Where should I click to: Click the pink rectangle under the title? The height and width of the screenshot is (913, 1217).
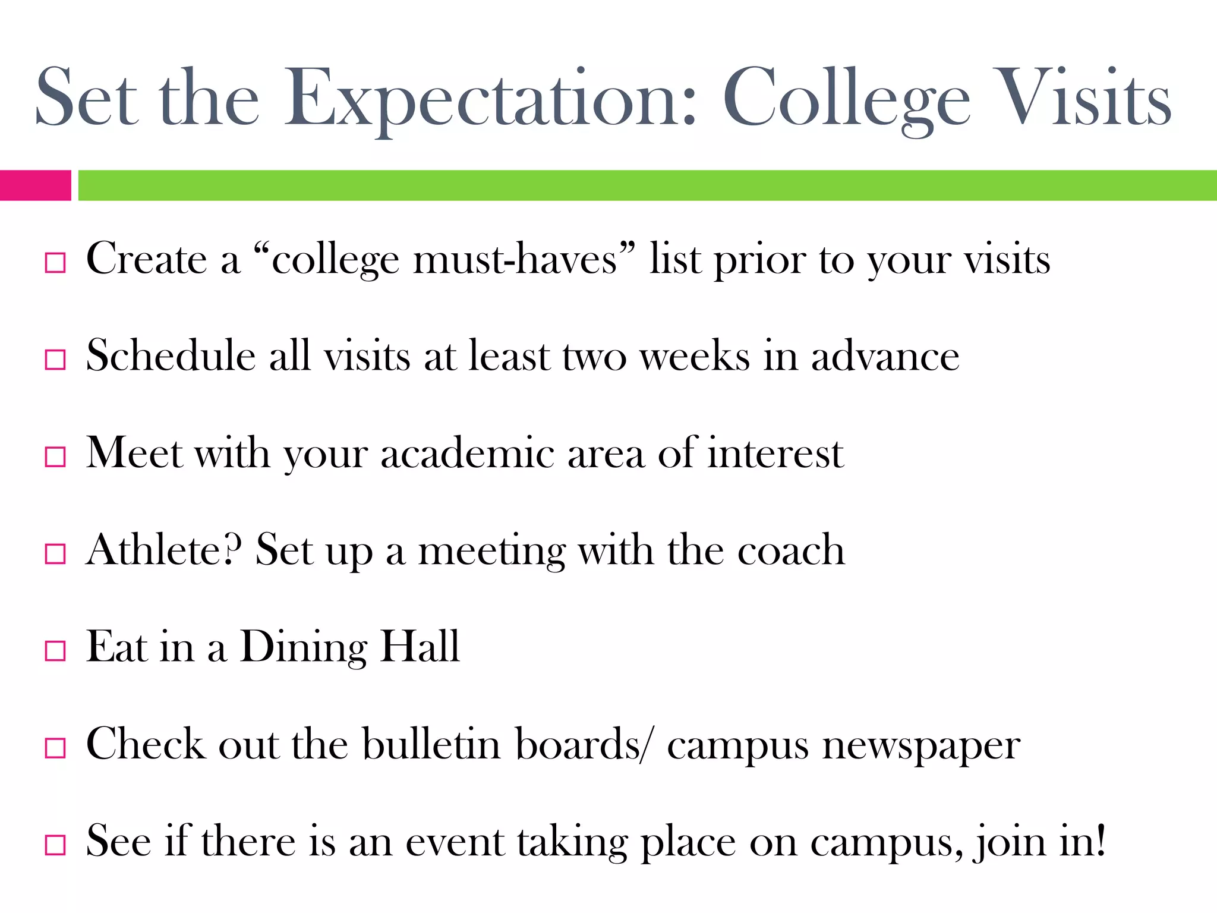click(35, 185)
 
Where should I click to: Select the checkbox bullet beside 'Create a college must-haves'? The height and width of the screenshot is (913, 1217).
click(55, 263)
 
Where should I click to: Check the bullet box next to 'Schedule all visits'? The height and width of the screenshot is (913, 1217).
click(55, 360)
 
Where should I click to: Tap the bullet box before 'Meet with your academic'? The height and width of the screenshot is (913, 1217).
click(55, 456)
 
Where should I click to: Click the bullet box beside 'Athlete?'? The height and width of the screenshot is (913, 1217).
click(55, 553)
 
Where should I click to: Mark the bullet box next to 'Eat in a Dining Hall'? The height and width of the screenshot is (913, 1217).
click(55, 650)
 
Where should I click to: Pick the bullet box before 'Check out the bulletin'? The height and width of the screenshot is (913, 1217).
click(55, 747)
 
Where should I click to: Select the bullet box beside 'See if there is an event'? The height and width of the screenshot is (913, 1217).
click(55, 844)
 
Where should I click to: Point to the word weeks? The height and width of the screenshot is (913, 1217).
click(695, 357)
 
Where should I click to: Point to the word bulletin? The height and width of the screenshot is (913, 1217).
click(431, 744)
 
